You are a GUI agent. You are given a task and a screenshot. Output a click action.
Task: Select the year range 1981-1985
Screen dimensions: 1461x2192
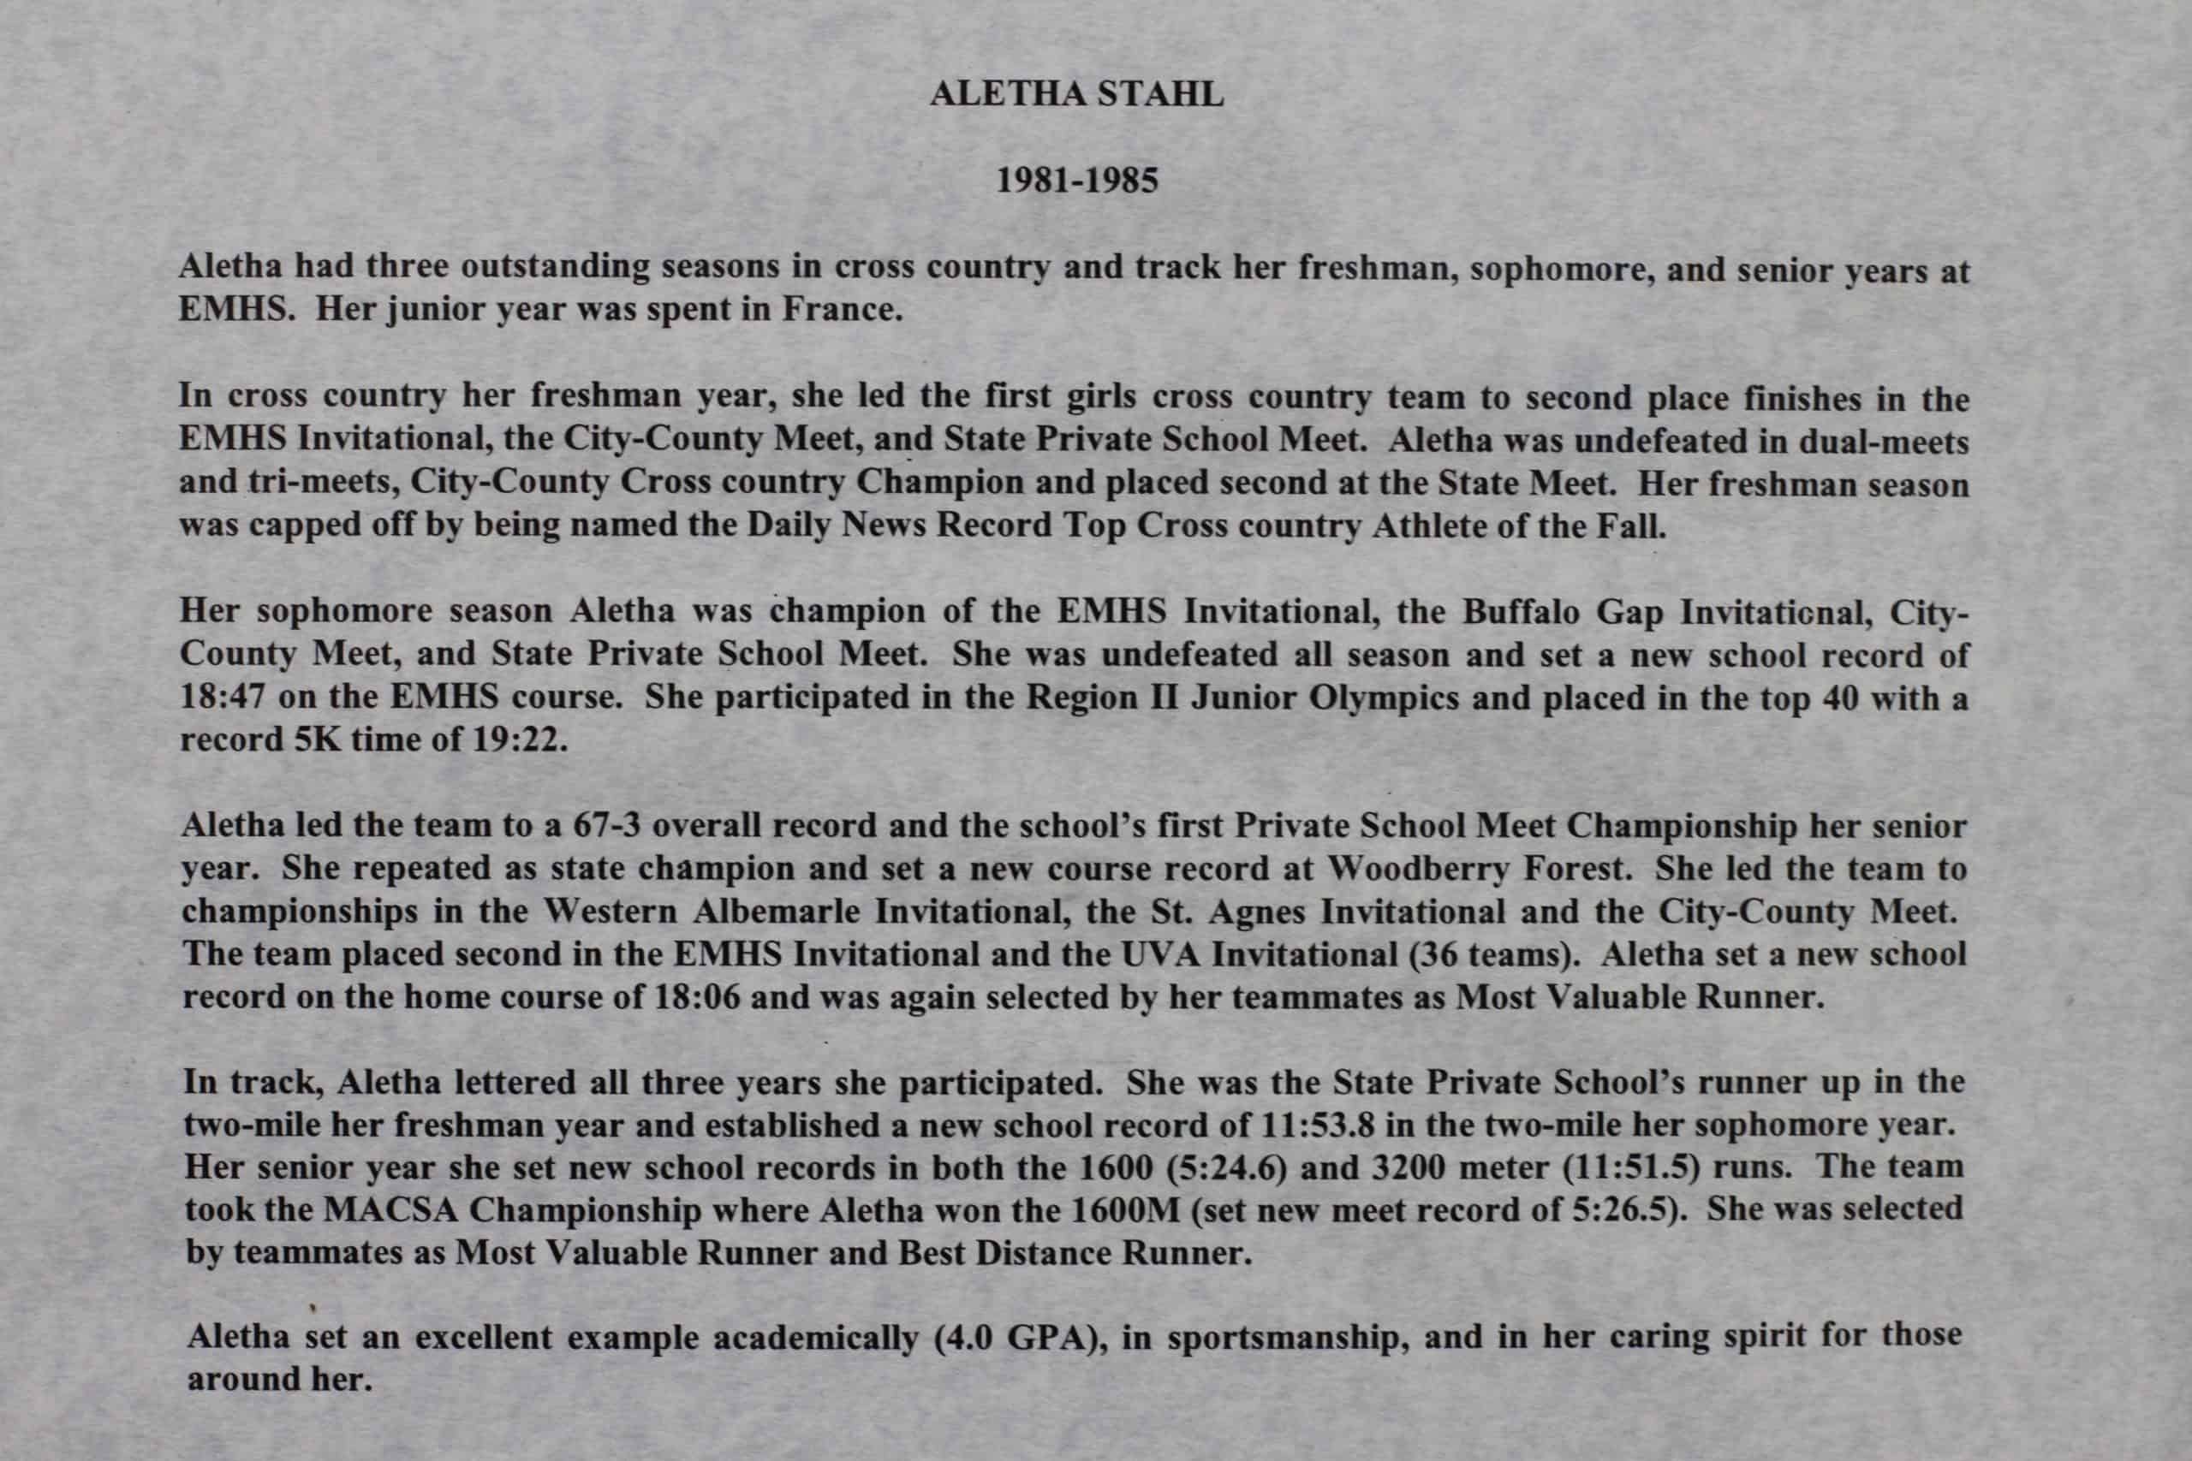(1076, 180)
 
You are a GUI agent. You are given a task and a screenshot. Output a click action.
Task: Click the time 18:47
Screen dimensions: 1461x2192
(223, 697)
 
